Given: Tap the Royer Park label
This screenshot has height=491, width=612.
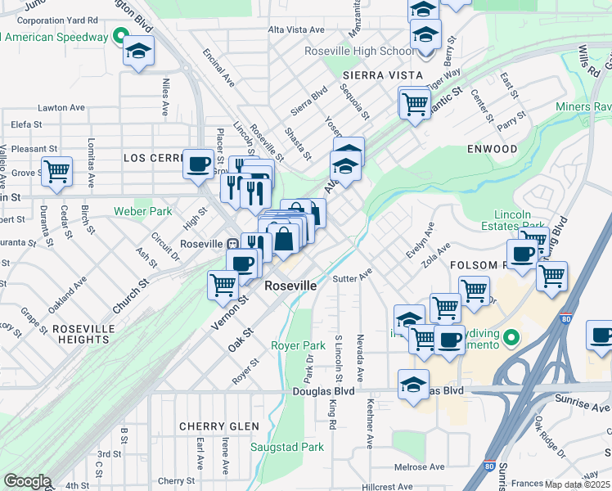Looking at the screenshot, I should tap(298, 345).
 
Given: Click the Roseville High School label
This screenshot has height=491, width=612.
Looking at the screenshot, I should tap(359, 51).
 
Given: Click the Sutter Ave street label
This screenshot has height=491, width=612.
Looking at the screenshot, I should tap(353, 275).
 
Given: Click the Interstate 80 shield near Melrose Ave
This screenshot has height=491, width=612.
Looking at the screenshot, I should tap(488, 466).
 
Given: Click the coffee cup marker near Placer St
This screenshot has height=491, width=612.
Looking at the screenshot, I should tap(198, 164).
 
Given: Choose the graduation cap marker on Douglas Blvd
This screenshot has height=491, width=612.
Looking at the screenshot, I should tap(414, 385).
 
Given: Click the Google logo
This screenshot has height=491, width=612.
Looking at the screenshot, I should tap(27, 481).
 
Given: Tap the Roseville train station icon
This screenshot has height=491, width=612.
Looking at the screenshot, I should tap(233, 244).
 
